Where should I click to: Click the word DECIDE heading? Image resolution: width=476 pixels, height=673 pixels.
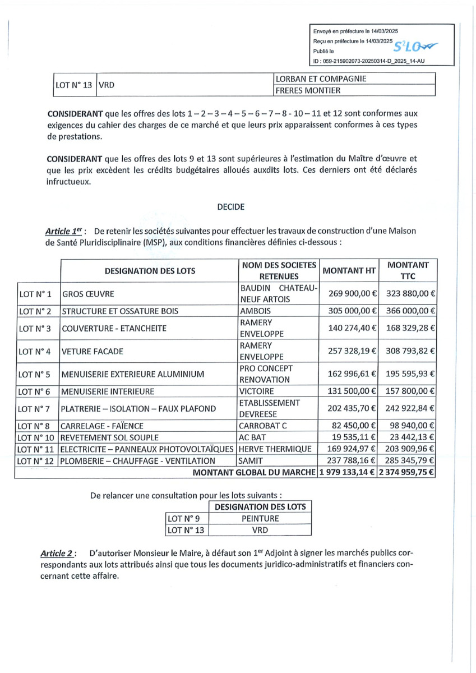231,206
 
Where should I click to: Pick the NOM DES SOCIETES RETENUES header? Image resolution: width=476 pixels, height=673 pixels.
278,270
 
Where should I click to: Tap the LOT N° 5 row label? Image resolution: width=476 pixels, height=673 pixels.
37,374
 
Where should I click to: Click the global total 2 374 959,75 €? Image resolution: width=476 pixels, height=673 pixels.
407,472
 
